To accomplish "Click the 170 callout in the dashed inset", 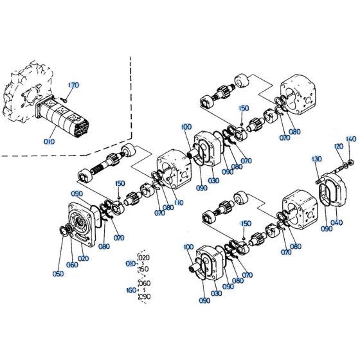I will coord(73,84).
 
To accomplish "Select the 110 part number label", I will coord(177,203).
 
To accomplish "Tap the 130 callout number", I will coord(316,159).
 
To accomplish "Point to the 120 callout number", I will coord(337,147).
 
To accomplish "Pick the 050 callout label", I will coord(59,273).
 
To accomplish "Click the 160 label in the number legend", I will coord(131,290).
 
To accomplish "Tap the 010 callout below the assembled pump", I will coord(50,141).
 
